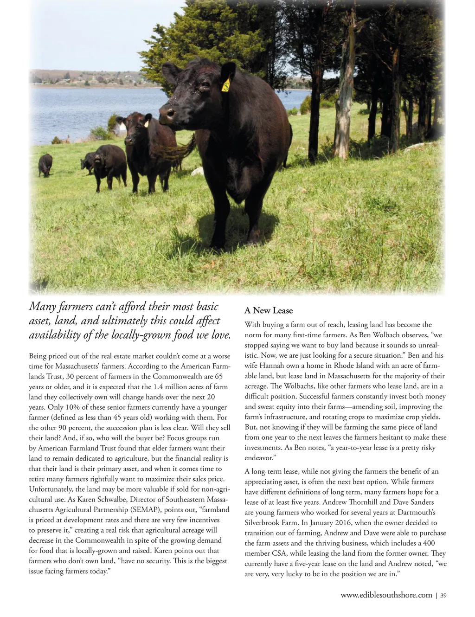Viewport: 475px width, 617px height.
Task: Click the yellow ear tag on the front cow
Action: coord(226,85)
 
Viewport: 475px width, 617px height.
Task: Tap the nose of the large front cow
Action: coord(167,113)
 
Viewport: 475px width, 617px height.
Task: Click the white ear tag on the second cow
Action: coord(146,123)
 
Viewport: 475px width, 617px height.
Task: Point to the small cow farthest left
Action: coord(45,165)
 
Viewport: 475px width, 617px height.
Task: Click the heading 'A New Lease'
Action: coord(269,310)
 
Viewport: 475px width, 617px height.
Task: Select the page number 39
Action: coord(443,595)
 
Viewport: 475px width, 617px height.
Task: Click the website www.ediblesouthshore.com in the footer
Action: coord(386,595)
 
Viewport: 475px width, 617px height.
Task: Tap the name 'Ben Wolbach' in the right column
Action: coord(379,335)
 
